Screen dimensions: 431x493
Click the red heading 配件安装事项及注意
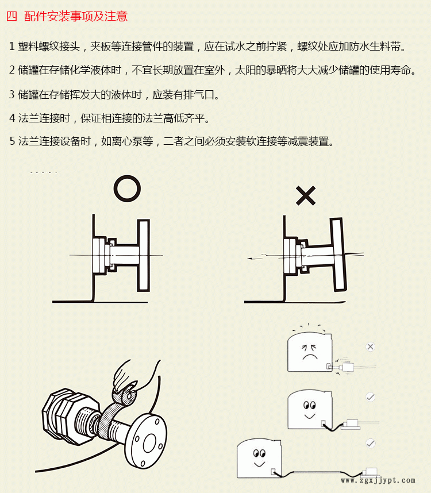coord(76,16)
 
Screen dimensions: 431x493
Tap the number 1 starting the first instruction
coord(12,47)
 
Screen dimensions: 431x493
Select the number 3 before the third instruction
coord(12,94)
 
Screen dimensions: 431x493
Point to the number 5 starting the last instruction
coord(12,141)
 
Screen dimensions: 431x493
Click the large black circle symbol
coord(127,188)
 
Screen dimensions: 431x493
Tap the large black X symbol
coord(306,195)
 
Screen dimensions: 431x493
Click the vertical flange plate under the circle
coord(143,255)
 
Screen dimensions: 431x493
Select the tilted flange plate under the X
coord(338,254)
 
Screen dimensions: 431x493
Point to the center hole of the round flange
coord(150,442)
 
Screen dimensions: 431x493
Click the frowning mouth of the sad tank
coord(310,357)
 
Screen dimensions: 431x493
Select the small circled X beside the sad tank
coord(370,347)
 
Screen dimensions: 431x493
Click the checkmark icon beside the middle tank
coord(371,397)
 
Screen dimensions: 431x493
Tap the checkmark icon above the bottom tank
coord(371,444)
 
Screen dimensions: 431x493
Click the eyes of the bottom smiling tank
coord(259,453)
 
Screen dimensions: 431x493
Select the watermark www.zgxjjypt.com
coord(378,480)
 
